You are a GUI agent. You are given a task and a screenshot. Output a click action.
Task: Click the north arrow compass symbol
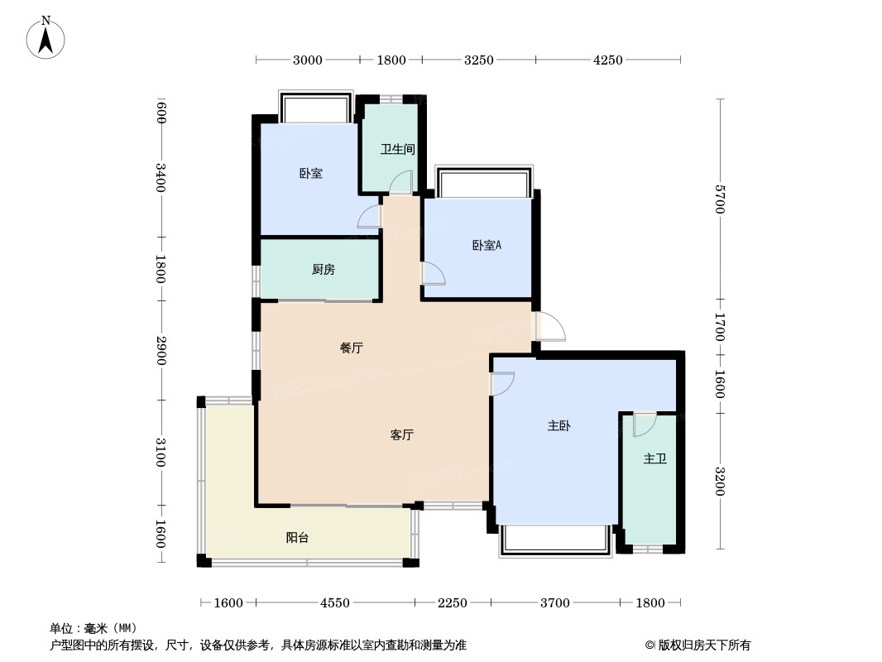(x=46, y=38)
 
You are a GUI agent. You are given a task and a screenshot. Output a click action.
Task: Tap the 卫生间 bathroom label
(x=397, y=149)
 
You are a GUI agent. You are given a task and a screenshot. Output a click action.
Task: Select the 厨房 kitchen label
(x=324, y=270)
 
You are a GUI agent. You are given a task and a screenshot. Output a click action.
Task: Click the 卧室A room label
(x=487, y=245)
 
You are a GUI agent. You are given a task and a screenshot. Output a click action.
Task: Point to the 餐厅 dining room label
(x=352, y=348)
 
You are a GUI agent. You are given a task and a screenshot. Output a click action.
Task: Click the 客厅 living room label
(x=401, y=434)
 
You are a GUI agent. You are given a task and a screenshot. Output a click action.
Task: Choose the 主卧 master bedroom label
(x=559, y=426)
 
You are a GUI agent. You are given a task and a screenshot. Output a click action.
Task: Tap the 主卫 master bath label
(x=655, y=459)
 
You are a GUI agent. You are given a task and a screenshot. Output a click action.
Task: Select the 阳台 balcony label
(x=297, y=537)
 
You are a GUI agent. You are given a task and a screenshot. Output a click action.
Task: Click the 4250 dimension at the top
(x=608, y=60)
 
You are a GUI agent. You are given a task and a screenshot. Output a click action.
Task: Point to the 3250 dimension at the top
(x=479, y=60)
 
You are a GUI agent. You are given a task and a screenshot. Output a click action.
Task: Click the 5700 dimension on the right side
(x=720, y=199)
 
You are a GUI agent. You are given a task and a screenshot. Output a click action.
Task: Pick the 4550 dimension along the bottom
(x=335, y=603)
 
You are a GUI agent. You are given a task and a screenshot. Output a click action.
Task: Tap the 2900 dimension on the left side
(x=161, y=350)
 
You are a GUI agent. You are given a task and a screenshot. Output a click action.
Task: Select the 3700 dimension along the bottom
(x=555, y=603)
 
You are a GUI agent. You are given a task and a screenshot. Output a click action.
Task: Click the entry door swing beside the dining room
(x=550, y=326)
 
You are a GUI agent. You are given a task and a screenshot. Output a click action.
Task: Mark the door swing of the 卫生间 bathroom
(x=401, y=183)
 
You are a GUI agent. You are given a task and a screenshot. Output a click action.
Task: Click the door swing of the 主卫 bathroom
(x=645, y=425)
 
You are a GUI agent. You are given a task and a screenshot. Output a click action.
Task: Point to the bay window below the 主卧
(x=555, y=540)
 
